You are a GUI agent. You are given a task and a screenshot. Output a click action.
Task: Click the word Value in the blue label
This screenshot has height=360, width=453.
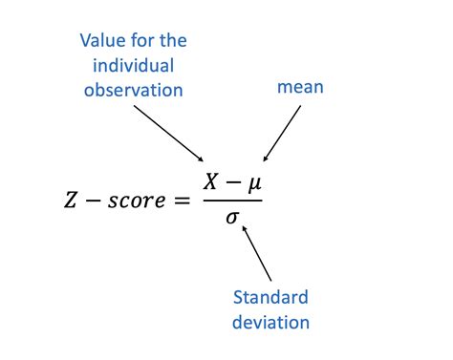click(101, 41)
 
